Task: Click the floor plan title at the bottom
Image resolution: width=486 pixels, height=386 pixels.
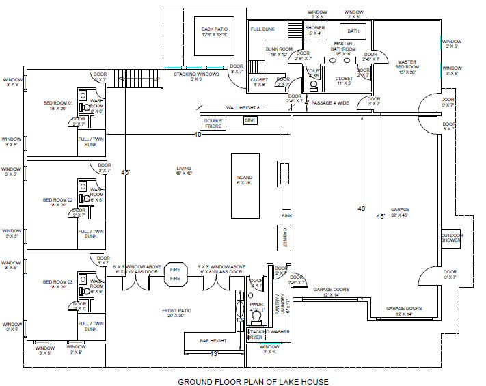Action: [x=254, y=382]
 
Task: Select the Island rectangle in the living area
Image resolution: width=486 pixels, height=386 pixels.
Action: [x=244, y=184]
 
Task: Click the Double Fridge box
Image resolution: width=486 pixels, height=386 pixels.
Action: [x=213, y=124]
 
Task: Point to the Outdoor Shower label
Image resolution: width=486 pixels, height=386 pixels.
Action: [x=451, y=238]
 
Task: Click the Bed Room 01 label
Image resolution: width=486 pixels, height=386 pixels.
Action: [x=57, y=106]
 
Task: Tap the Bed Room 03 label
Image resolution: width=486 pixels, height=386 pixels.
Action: [x=57, y=284]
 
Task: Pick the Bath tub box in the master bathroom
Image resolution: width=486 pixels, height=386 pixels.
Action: [x=353, y=31]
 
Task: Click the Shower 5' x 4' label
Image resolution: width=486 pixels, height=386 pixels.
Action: [x=315, y=30]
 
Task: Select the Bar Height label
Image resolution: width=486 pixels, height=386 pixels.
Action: [x=213, y=340]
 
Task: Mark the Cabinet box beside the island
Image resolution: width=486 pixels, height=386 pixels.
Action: [x=284, y=236]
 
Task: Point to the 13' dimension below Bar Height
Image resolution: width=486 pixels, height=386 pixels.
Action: [x=213, y=353]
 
